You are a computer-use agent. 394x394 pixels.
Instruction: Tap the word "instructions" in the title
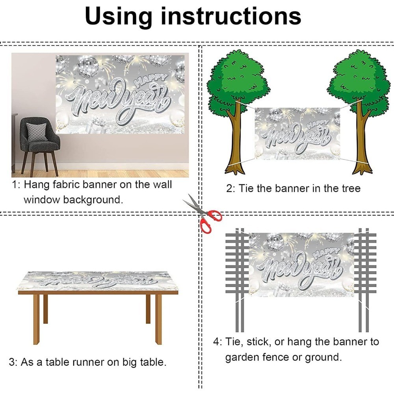[231, 16]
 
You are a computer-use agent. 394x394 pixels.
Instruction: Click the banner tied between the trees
[297, 134]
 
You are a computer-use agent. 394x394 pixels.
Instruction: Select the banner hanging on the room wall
[120, 94]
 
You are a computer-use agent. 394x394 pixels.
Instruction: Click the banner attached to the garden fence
[301, 265]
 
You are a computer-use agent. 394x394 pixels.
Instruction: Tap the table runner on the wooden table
[98, 281]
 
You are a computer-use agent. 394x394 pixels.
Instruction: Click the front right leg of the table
[158, 319]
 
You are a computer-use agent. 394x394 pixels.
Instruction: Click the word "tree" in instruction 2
[351, 188]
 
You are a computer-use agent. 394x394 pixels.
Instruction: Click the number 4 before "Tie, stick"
[216, 342]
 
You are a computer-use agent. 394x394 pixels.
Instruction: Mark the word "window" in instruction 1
[41, 200]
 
